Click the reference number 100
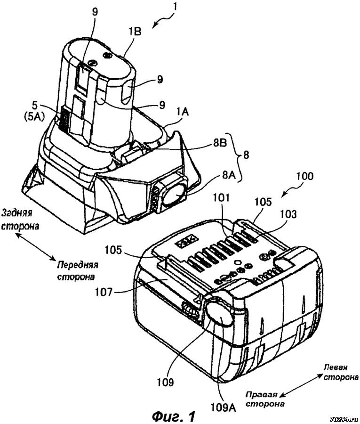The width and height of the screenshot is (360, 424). (304, 176)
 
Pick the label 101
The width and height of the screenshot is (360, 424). (220, 198)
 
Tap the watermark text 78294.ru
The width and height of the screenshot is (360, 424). (344, 420)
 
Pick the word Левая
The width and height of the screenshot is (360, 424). (336, 367)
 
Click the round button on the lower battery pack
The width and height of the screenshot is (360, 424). (220, 314)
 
